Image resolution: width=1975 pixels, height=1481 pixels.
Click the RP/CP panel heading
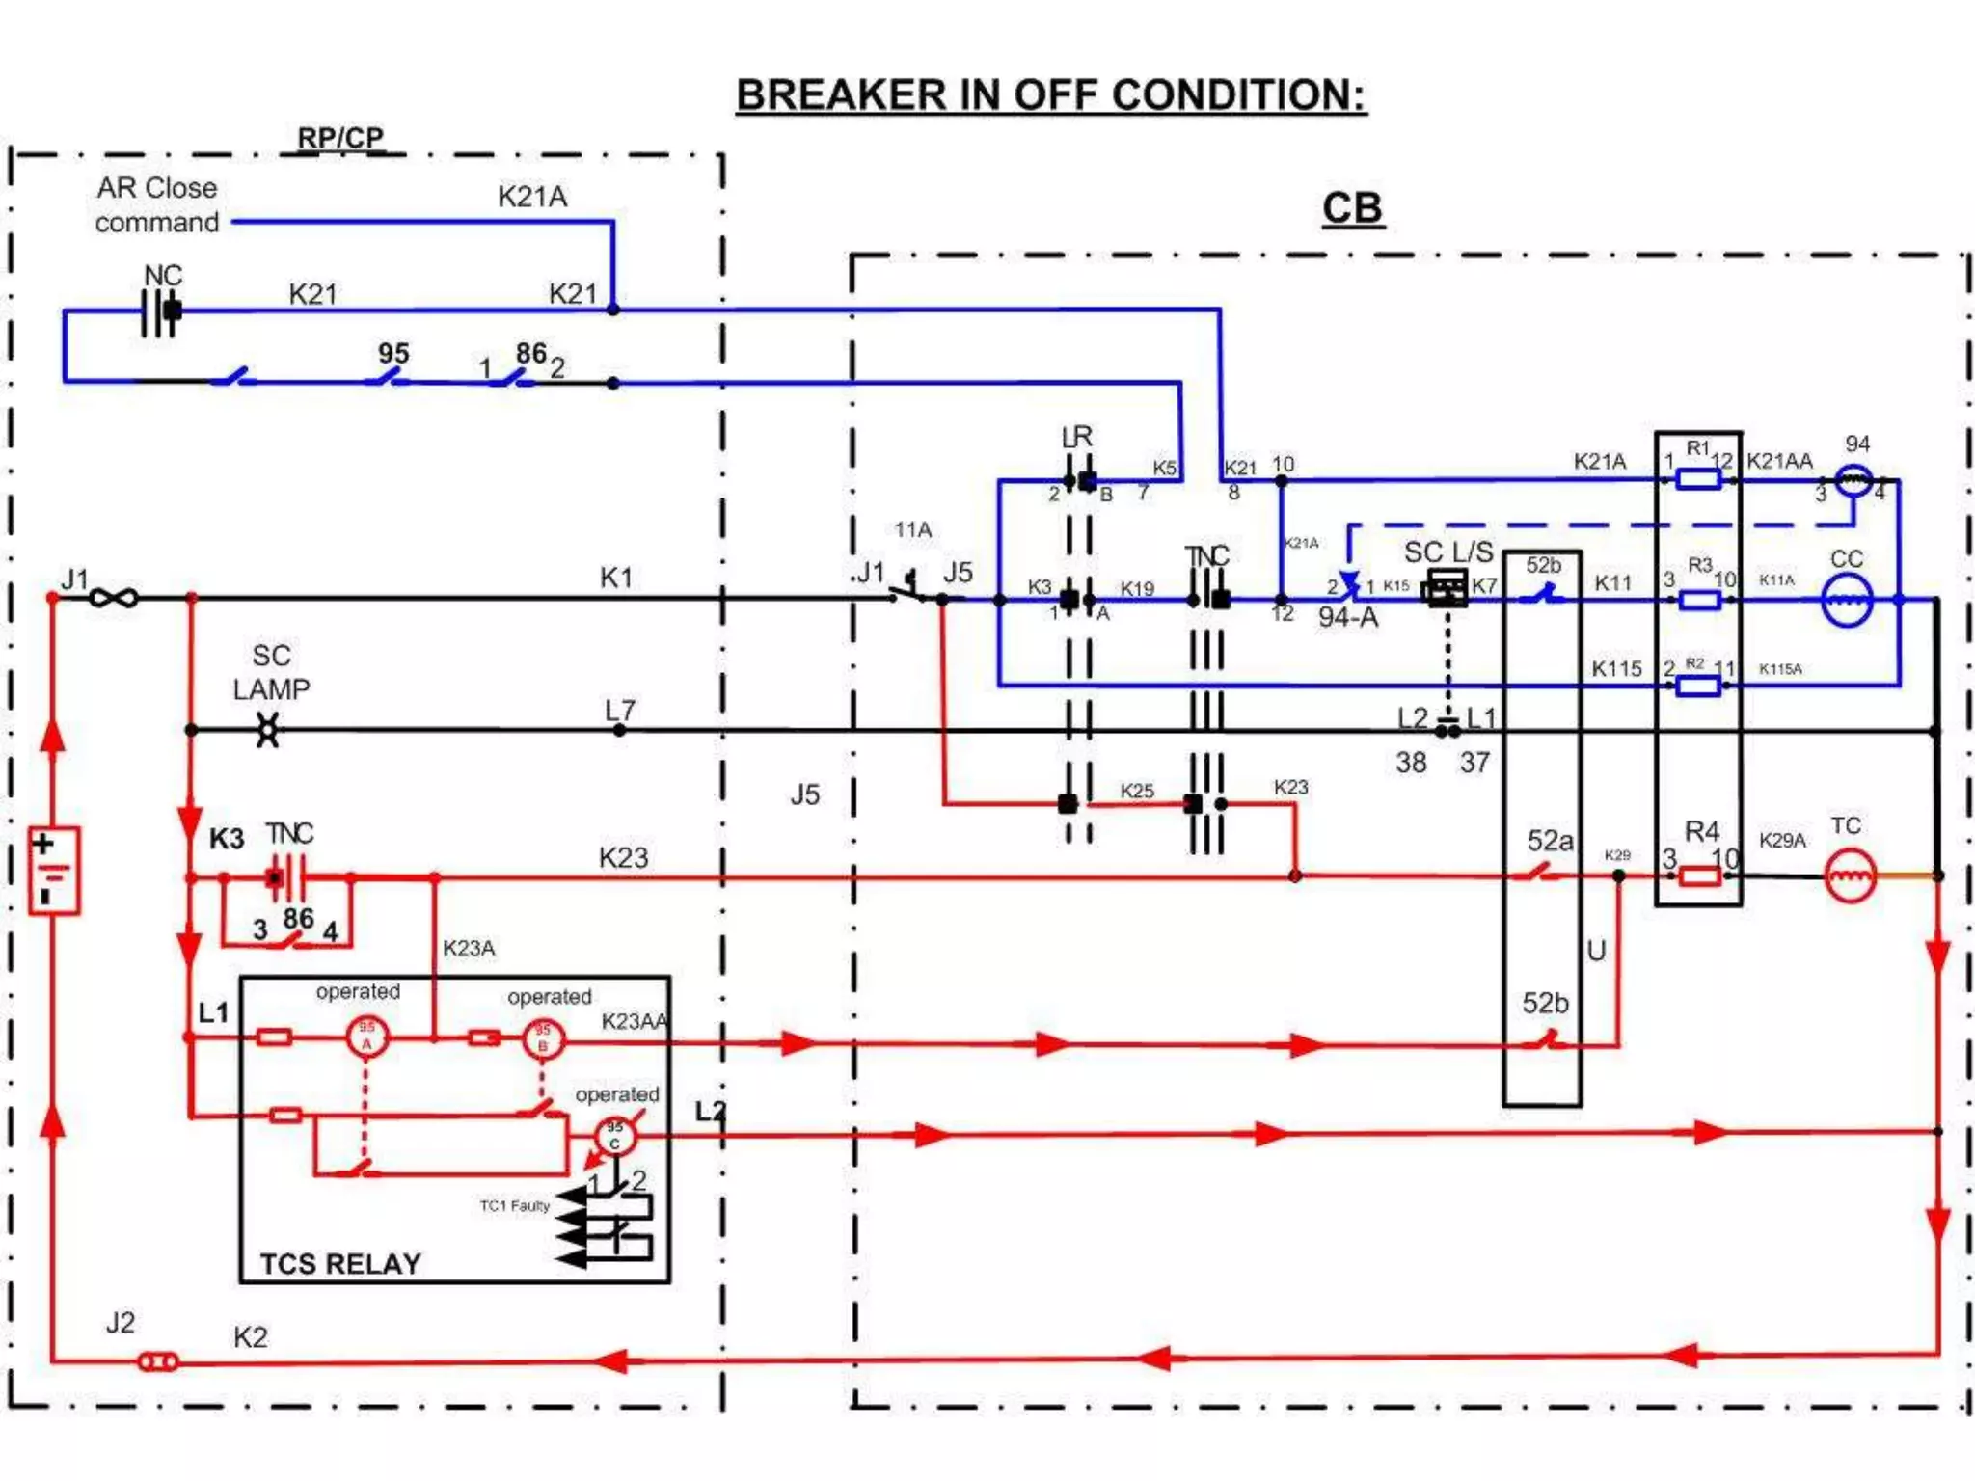[339, 138]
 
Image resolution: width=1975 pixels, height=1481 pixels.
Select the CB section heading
[1352, 208]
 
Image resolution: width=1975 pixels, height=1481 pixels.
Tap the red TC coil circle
[1850, 875]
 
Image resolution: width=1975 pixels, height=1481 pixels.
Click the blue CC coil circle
[1847, 600]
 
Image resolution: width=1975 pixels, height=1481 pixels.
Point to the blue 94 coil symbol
[1853, 479]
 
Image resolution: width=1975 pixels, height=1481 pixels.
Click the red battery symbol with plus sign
[54, 870]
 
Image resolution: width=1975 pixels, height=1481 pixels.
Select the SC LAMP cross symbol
[268, 730]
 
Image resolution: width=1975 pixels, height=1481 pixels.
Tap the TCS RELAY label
[340, 1263]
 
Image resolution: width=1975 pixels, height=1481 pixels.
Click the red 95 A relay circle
[366, 1037]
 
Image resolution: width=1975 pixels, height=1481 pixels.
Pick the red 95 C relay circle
[615, 1136]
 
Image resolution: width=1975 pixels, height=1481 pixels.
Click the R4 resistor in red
[1699, 875]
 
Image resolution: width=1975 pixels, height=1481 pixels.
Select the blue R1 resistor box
[1698, 479]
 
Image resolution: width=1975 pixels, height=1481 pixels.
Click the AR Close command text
[157, 205]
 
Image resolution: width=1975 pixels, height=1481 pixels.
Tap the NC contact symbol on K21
[160, 310]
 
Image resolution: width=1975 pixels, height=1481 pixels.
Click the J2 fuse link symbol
[158, 1361]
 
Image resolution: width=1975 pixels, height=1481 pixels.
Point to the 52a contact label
[1550, 841]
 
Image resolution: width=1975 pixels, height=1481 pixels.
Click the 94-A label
[1347, 617]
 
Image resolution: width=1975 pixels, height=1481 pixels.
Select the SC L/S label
[1447, 552]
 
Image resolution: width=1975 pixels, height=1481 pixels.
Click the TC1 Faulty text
[514, 1205]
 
